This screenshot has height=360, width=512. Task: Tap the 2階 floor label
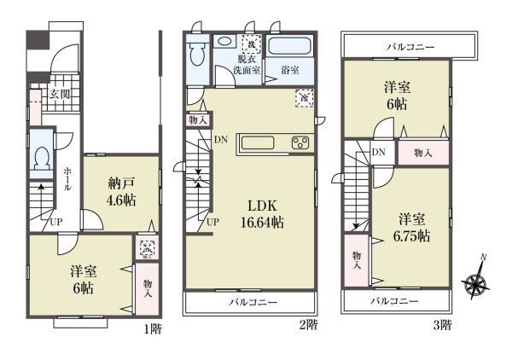tap(309, 325)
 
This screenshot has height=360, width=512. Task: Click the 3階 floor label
tap(441, 325)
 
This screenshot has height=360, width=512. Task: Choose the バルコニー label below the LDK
tap(252, 303)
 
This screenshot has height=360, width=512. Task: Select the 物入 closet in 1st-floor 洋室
tap(147, 288)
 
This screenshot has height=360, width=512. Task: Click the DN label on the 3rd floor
tap(380, 153)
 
